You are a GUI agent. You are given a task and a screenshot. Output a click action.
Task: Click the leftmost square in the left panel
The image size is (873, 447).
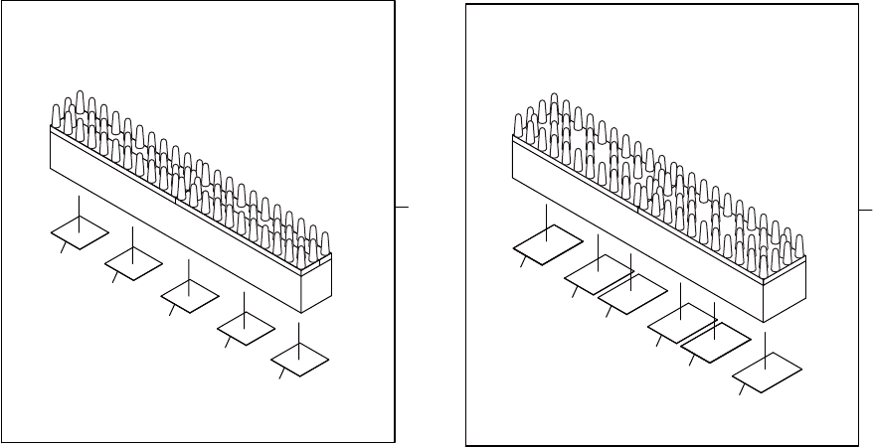[80, 234]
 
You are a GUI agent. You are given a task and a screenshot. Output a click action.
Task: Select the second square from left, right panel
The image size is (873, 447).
[597, 274]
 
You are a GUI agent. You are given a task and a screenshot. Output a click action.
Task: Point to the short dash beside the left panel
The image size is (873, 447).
[401, 207]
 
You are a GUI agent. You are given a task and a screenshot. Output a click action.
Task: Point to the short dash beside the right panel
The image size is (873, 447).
[865, 211]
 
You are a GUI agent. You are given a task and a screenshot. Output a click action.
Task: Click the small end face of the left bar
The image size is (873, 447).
[316, 283]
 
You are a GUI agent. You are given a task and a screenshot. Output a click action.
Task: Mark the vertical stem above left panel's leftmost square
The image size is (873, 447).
[80, 211]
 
